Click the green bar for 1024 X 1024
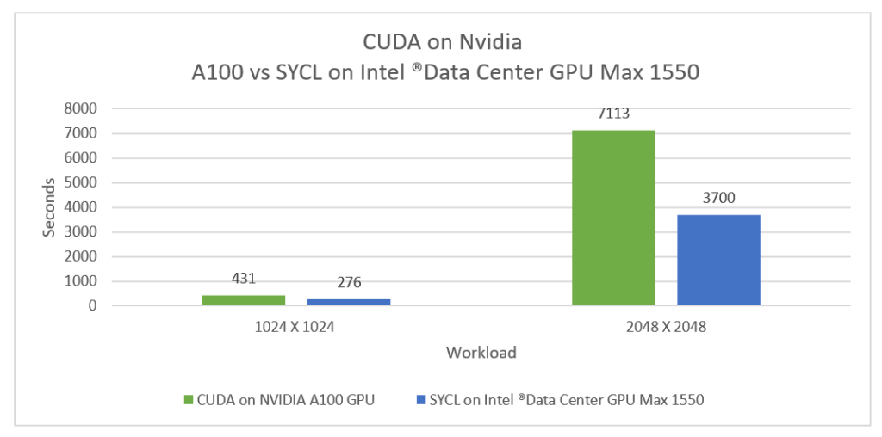point(244,299)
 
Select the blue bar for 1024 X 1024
point(349,301)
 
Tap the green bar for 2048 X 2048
point(613,218)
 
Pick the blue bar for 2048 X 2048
point(718,260)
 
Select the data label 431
point(244,280)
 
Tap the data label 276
point(349,283)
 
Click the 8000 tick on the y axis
point(81,109)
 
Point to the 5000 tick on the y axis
point(81,182)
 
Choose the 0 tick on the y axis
point(92,305)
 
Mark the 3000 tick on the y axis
point(81,232)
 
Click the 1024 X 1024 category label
point(296,326)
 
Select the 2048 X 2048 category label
point(666,326)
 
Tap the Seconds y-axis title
point(50,207)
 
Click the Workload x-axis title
point(481,353)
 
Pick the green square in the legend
point(189,399)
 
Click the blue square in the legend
point(420,399)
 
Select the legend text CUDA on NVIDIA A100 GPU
point(286,399)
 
